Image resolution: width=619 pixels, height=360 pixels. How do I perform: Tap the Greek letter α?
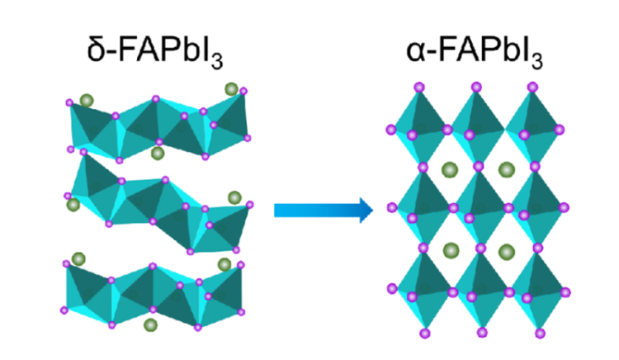pos(417,53)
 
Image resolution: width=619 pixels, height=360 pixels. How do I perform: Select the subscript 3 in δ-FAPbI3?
pos(217,61)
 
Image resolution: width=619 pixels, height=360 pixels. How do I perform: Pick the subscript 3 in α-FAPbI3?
pos(537,61)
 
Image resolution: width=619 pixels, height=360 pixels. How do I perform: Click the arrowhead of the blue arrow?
pos(366,210)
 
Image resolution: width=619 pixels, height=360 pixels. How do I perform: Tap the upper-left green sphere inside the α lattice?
pos(450,170)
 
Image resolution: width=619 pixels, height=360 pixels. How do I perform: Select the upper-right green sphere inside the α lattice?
pos(507,170)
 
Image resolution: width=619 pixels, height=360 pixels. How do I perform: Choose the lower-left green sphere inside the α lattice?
pos(451,251)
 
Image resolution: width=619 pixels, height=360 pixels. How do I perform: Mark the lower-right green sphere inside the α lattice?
pos(507,252)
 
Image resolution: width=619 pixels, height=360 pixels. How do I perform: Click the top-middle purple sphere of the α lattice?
pos(476,87)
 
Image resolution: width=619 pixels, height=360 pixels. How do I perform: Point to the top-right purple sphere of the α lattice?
pos(532,87)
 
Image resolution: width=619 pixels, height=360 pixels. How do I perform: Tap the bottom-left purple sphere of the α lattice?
pos(425,334)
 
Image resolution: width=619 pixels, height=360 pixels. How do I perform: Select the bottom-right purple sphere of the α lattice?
pos(540,334)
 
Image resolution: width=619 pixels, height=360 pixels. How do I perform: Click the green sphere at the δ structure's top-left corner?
pos(87,101)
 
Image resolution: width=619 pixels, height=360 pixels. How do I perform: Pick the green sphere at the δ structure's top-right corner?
pos(231,89)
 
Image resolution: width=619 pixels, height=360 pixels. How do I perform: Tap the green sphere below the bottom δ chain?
pos(150,325)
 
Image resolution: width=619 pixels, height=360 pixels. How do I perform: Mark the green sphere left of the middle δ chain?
pos(73,205)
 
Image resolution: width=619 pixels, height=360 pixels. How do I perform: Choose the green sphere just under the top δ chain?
pos(158,153)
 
